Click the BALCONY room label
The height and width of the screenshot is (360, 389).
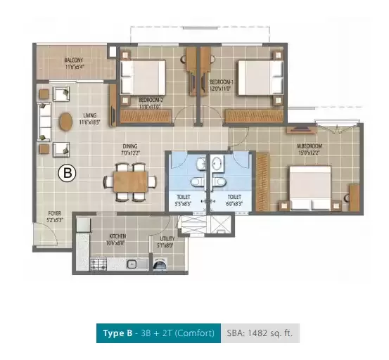pyautogui.click(x=74, y=60)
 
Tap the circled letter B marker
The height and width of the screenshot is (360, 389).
pyautogui.click(x=67, y=172)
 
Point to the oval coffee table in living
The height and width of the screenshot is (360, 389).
pyautogui.click(x=65, y=122)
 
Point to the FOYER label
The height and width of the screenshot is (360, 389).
pyautogui.click(x=53, y=213)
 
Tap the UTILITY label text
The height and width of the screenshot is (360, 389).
pyautogui.click(x=167, y=239)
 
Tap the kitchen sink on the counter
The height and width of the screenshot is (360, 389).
pyautogui.click(x=132, y=265)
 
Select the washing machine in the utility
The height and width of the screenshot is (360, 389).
pyautogui.click(x=162, y=265)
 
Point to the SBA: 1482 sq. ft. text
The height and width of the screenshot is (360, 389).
pyautogui.click(x=261, y=333)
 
